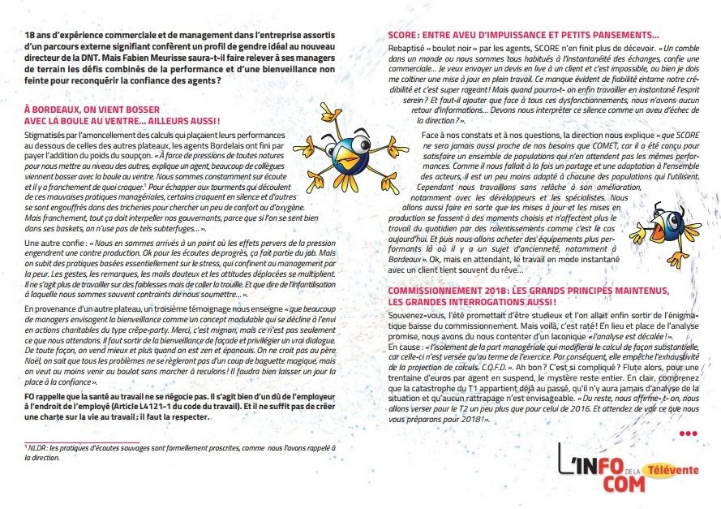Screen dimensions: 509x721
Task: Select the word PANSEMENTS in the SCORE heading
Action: pyautogui.click(x=626, y=35)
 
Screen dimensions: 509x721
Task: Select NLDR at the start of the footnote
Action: pyautogui.click(x=38, y=447)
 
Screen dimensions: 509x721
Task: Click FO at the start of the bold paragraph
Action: pyautogui.click(x=29, y=396)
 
